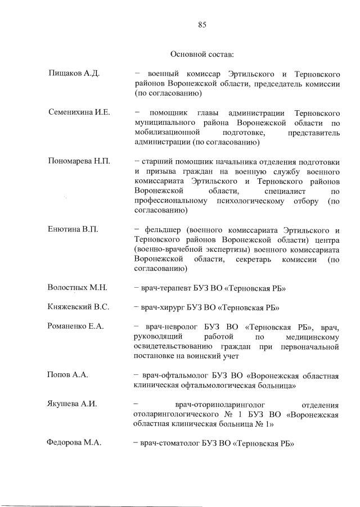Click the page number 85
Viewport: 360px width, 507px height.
click(202, 24)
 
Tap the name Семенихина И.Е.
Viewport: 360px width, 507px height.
click(79, 112)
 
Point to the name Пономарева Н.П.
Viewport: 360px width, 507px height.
click(79, 161)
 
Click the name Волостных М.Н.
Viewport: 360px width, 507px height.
click(78, 288)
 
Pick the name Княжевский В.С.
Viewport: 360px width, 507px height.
click(78, 307)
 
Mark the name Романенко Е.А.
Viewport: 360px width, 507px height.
click(76, 327)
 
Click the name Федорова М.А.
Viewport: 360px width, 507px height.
click(74, 443)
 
